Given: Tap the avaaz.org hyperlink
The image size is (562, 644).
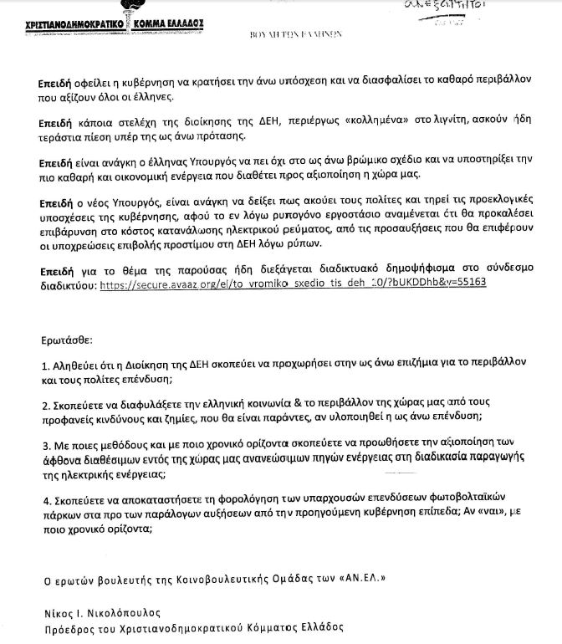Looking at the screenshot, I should (x=293, y=283).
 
